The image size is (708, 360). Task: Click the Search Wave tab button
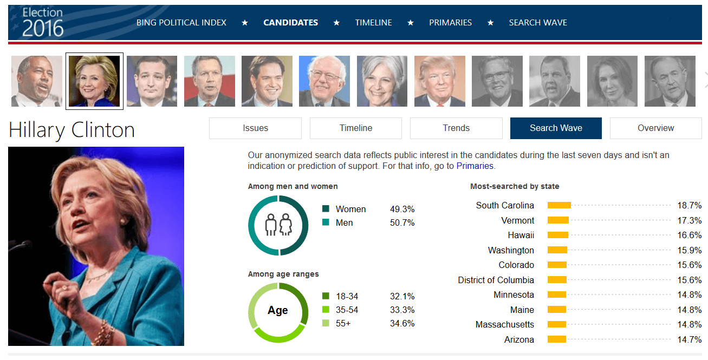(556, 128)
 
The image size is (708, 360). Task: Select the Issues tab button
(255, 128)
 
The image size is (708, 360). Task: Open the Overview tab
(655, 128)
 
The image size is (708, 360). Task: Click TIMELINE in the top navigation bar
(373, 23)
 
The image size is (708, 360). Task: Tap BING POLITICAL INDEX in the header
(181, 23)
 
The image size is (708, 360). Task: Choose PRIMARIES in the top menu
(450, 23)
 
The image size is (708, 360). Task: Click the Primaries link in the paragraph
(475, 166)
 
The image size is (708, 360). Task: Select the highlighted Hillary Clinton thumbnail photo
(94, 81)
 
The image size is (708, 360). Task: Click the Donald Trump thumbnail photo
(439, 81)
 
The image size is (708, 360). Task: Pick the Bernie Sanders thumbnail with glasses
(324, 81)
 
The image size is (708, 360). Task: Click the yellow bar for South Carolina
(559, 205)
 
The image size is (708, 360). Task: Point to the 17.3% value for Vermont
(689, 220)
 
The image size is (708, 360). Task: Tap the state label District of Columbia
(496, 280)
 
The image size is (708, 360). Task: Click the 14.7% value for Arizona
(689, 339)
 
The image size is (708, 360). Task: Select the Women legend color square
(326, 209)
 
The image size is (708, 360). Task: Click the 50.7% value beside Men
(402, 222)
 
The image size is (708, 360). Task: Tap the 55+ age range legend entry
(342, 323)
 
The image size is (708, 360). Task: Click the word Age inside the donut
(278, 311)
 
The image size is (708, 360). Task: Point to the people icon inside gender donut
(278, 224)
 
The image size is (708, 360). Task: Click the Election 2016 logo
(43, 22)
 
